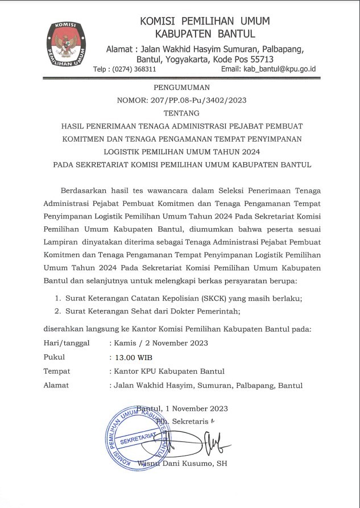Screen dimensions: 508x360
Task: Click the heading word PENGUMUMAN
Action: pos(182,87)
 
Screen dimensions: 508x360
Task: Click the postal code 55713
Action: pos(274,59)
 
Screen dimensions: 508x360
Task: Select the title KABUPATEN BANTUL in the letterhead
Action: pos(205,34)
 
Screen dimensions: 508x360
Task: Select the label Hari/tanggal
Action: pos(65,343)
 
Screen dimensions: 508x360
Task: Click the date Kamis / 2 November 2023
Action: pos(161,343)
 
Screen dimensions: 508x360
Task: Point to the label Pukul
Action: pos(55,357)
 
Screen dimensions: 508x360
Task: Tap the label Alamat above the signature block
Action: pos(56,386)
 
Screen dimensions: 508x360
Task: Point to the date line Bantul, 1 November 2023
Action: pos(183,408)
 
